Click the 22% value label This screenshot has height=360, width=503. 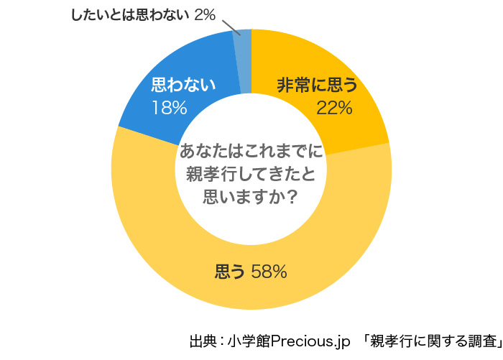[x=334, y=109]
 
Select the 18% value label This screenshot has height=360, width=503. [x=170, y=108]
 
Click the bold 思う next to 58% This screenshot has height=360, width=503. [x=231, y=272]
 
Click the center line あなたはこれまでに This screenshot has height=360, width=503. [x=251, y=152]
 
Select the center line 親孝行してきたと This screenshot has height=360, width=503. [x=251, y=173]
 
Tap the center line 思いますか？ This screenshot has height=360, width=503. [x=251, y=194]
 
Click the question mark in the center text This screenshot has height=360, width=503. [x=293, y=194]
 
